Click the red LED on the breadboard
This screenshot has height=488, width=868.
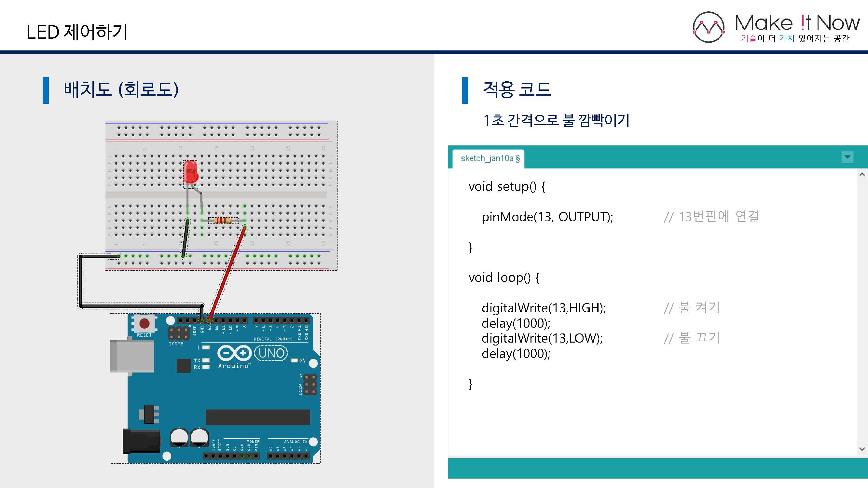point(190,172)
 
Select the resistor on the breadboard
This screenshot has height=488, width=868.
point(223,221)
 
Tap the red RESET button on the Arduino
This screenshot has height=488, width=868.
point(145,324)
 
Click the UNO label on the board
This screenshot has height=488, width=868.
point(271,353)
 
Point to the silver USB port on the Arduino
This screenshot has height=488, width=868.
point(132,356)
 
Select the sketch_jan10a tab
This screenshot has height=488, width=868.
point(489,158)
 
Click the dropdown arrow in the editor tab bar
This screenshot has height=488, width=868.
point(847,157)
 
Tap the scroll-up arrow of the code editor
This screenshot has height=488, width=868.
point(862,174)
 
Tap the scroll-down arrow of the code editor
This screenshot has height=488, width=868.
point(862,449)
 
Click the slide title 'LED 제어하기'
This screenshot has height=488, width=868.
point(77,32)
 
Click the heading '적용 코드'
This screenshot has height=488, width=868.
point(517,89)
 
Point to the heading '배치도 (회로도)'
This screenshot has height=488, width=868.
point(121,89)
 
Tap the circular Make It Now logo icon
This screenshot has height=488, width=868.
point(708,27)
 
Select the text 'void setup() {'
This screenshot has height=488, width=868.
point(506,186)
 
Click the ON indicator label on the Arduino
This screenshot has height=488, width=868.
point(302,361)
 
